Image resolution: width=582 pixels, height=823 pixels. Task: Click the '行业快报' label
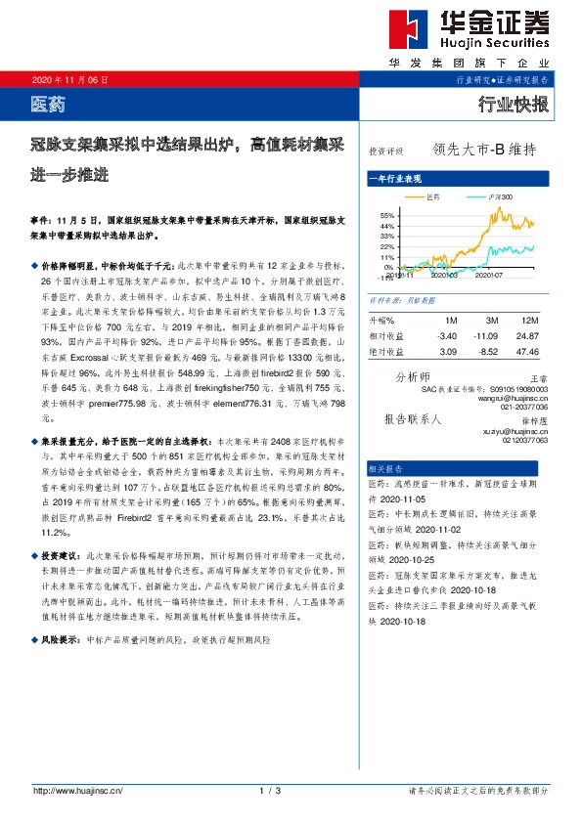click(x=514, y=104)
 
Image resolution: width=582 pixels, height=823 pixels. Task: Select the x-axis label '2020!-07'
click(x=489, y=276)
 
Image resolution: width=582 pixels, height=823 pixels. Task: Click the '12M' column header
click(x=531, y=320)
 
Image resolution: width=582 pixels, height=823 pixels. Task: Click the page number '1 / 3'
click(x=271, y=790)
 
